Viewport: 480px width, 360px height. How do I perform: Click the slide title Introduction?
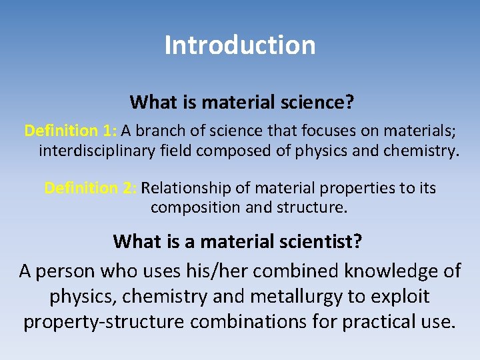(x=240, y=45)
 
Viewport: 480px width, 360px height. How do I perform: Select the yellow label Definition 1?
(x=61, y=130)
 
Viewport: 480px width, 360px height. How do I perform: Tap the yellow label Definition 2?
(x=91, y=188)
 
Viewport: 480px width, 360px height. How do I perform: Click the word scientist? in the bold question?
(x=320, y=241)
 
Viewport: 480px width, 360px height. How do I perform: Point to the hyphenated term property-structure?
(x=105, y=322)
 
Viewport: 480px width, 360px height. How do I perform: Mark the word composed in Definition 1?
(x=226, y=151)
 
